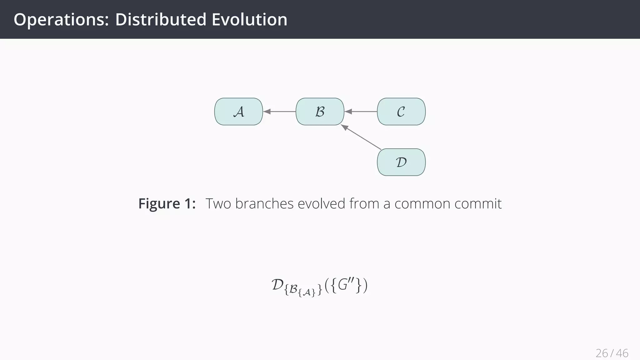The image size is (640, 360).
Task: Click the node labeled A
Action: [238, 112]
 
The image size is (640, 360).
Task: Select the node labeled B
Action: [320, 112]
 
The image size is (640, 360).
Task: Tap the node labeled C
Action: [401, 112]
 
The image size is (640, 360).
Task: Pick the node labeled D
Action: [401, 162]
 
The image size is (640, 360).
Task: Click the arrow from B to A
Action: [279, 111]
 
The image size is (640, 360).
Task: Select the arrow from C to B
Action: [361, 111]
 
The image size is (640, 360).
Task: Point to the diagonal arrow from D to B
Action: [361, 137]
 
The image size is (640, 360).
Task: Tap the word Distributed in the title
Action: [161, 19]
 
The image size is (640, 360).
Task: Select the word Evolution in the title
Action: [249, 19]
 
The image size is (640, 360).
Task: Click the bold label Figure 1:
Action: [167, 204]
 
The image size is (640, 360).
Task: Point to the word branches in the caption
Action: [264, 204]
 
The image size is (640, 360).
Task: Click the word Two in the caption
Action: [218, 204]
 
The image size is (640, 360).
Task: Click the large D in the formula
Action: [277, 285]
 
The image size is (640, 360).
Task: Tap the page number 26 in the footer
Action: [602, 353]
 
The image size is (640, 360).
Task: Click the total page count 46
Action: [622, 353]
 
